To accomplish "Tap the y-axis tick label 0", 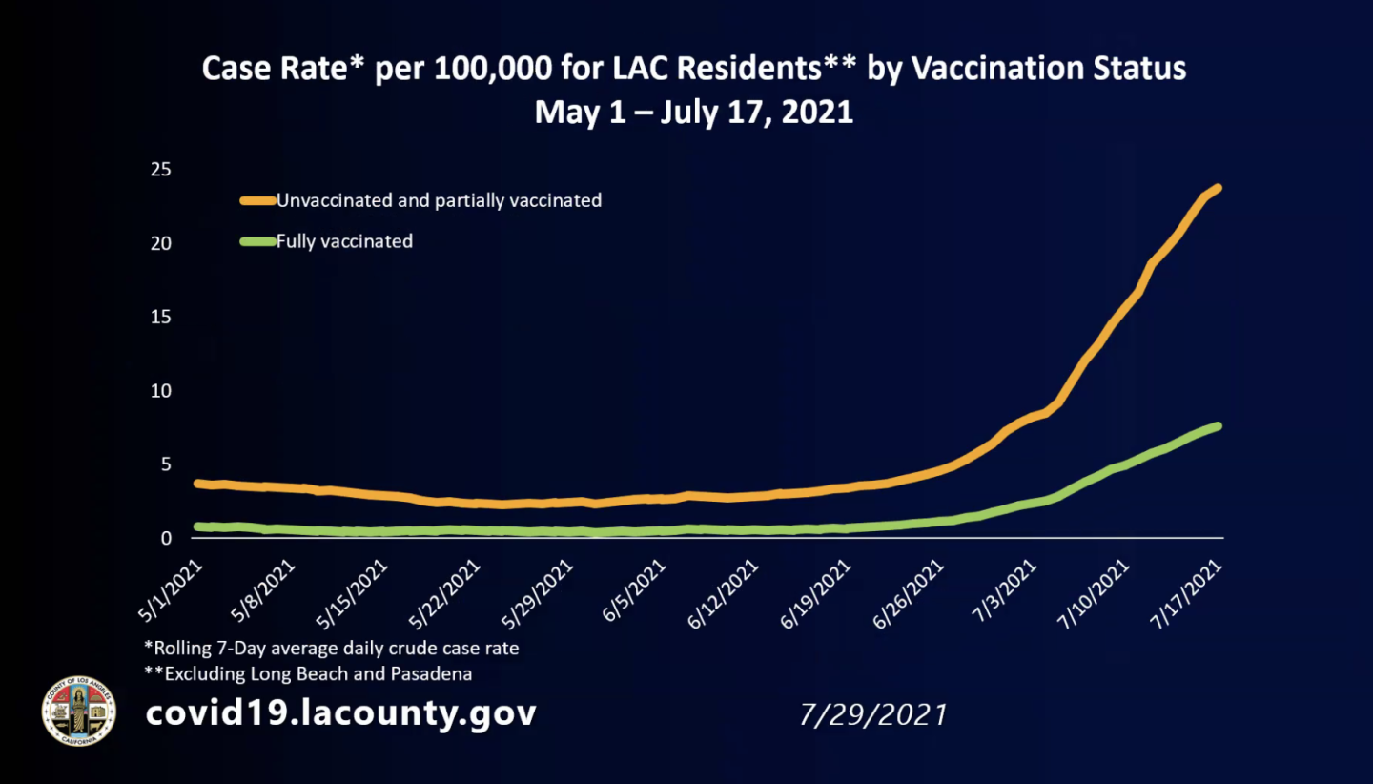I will [x=165, y=539].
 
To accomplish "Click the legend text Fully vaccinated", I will [x=344, y=241].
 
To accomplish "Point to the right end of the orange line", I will [x=1218, y=188].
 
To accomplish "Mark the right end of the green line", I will [x=1218, y=425].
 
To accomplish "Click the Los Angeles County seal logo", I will [x=79, y=711].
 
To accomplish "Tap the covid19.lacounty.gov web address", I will [x=340, y=712].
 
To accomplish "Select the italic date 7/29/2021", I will [x=873, y=714].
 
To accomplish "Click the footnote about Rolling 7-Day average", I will [x=331, y=648].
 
